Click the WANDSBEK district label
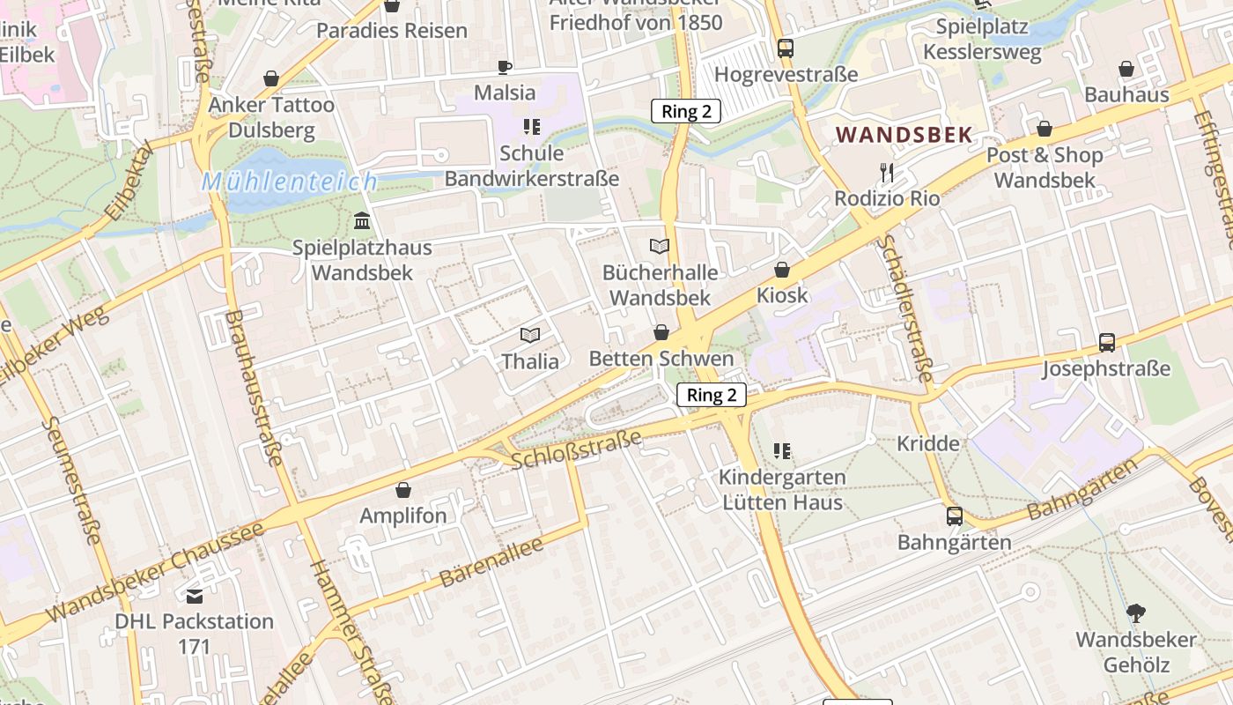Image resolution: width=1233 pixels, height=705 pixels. (x=904, y=135)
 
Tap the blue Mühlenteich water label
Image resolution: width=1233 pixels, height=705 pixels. (x=289, y=182)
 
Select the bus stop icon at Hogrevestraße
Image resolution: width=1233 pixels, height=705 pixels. (x=786, y=48)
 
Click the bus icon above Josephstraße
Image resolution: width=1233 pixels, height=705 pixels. (x=1107, y=343)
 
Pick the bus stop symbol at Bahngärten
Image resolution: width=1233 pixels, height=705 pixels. (x=955, y=516)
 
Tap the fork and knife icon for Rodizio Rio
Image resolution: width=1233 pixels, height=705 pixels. (x=887, y=173)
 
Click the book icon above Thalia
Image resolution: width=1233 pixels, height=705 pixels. (x=529, y=335)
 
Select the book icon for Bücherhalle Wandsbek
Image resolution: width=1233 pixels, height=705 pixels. (x=660, y=247)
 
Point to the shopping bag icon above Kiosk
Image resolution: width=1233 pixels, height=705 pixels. (x=781, y=270)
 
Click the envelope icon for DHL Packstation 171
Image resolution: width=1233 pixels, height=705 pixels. (x=195, y=597)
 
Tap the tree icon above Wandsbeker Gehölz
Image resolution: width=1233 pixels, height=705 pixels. (x=1136, y=613)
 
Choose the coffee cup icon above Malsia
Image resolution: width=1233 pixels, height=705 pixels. (x=505, y=67)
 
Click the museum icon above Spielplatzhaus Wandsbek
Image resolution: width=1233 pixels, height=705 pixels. (x=362, y=220)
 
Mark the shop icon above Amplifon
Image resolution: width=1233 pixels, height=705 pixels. (x=403, y=490)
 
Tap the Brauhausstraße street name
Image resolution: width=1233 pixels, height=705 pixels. (x=255, y=388)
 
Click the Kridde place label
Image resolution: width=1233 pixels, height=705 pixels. (x=928, y=443)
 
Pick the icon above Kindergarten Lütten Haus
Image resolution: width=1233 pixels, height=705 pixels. (x=782, y=452)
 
